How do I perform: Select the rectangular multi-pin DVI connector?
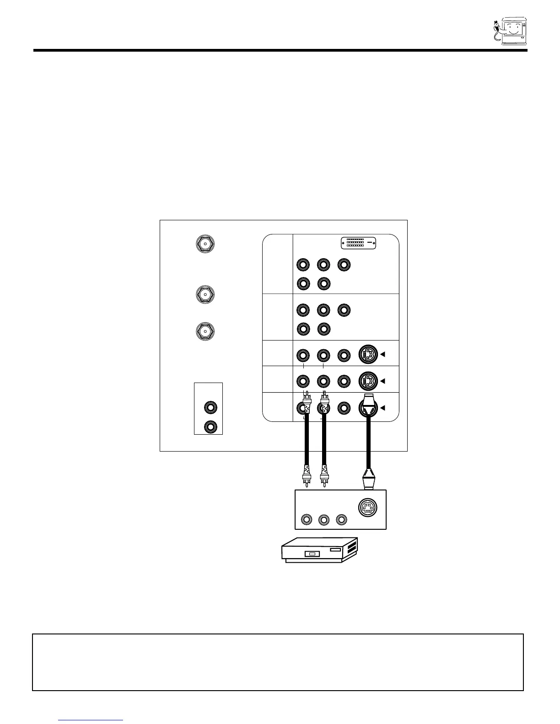click(359, 243)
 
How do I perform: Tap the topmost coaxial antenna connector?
click(205, 244)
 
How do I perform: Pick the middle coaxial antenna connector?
click(205, 294)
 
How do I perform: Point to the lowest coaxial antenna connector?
click(205, 330)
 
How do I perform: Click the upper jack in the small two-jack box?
click(210, 407)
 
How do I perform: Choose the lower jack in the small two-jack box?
click(210, 426)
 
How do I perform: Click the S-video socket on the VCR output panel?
click(368, 507)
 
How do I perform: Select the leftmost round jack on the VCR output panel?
click(307, 520)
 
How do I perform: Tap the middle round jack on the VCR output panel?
click(324, 520)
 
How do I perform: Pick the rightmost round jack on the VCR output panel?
click(341, 520)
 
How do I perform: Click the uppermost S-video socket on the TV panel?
click(368, 354)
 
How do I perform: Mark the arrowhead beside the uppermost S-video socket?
click(383, 354)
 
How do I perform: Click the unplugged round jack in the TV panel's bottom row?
click(344, 407)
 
